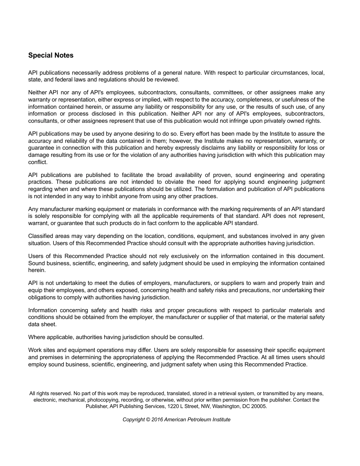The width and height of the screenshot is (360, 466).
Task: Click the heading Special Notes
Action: pos(51,55)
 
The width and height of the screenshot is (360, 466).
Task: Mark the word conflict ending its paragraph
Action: pos(38,162)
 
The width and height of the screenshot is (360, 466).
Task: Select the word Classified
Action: pos(40,236)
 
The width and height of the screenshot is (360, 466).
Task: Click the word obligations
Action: pos(42,297)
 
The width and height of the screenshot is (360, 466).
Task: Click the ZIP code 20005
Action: pos(258,406)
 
